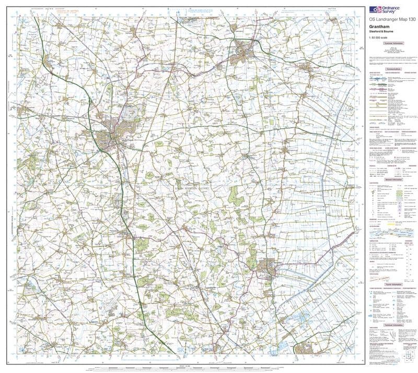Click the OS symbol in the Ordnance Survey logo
[x=375, y=9]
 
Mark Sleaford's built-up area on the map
[x=243, y=51]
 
